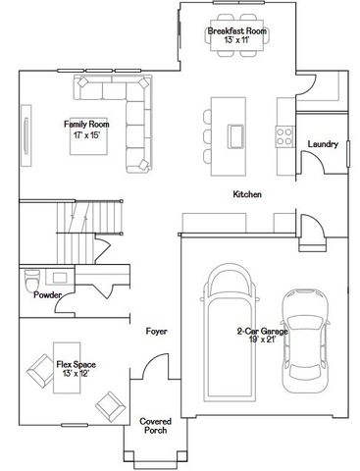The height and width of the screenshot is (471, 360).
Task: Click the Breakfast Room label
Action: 237,31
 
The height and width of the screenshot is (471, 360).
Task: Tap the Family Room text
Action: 85,125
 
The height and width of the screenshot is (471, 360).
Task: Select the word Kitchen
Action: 247,194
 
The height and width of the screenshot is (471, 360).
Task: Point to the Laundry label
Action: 323,144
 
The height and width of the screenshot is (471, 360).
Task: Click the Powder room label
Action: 47,294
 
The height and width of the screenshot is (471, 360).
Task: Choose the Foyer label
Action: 156,331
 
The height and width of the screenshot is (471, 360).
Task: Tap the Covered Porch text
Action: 156,425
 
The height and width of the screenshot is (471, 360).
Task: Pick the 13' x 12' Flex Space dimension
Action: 75,373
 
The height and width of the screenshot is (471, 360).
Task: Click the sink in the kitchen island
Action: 236,132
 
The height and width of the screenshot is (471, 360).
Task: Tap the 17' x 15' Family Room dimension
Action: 86,134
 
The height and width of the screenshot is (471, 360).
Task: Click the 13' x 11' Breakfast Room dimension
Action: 237,40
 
